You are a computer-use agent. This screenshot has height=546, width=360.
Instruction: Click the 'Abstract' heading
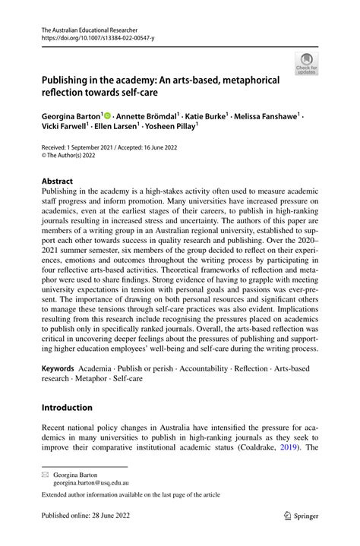pos(58,182)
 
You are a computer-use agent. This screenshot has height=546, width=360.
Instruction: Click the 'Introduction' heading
pos(68,408)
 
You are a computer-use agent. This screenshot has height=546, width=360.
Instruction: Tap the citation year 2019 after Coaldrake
pos(285,447)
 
